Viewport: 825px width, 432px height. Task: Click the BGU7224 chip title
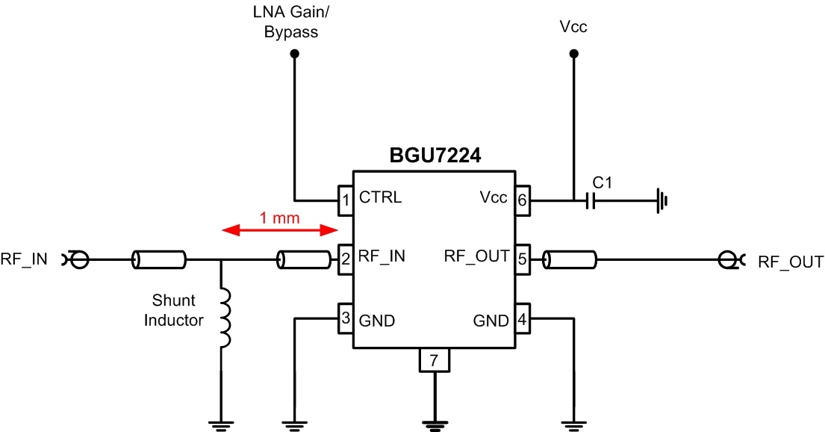(435, 156)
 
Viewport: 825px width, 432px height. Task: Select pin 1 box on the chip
(346, 199)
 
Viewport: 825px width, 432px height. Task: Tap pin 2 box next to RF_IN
(346, 259)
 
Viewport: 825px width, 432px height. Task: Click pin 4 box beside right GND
(521, 320)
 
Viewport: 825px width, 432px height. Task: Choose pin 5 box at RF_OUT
(521, 259)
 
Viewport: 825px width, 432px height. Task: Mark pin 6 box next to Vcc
(521, 199)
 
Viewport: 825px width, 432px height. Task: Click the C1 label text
(602, 182)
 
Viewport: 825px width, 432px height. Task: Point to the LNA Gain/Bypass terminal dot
(295, 54)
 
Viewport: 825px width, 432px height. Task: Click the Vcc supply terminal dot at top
(573, 54)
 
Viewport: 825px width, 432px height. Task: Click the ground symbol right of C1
(661, 200)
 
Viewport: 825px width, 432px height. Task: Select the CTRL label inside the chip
(380, 198)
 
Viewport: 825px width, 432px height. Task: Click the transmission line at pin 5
(570, 259)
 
